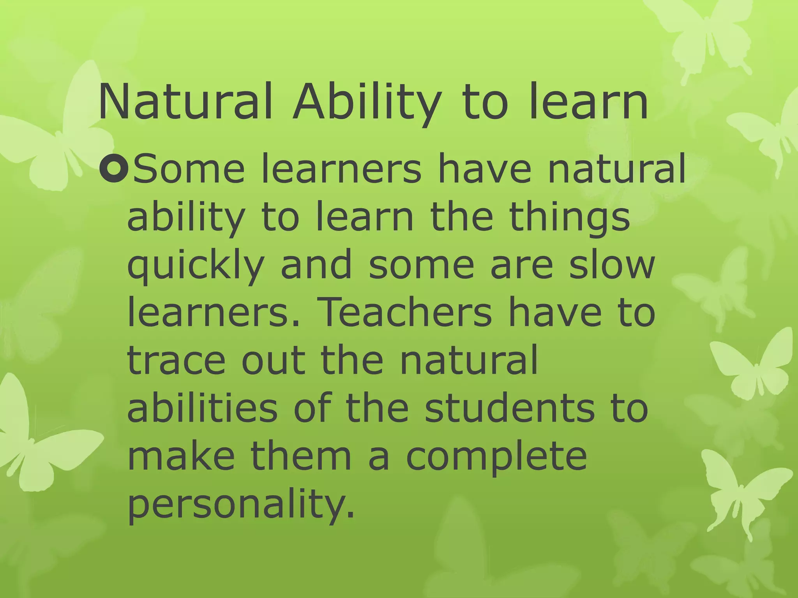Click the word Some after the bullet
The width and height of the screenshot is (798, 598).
[189, 169]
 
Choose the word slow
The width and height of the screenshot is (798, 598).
[612, 264]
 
